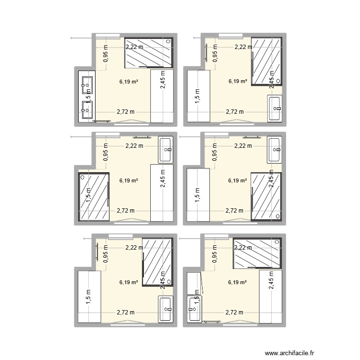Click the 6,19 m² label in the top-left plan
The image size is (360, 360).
click(129, 82)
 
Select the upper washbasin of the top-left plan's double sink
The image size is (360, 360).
click(87, 85)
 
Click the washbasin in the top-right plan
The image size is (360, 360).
click(275, 109)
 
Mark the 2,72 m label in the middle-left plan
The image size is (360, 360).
click(126, 210)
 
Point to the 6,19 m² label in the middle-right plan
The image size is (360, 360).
click(238, 181)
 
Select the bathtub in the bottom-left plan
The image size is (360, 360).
click(88, 296)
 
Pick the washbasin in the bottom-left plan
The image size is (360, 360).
click(166, 310)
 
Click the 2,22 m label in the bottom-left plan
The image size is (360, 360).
click(134, 248)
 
